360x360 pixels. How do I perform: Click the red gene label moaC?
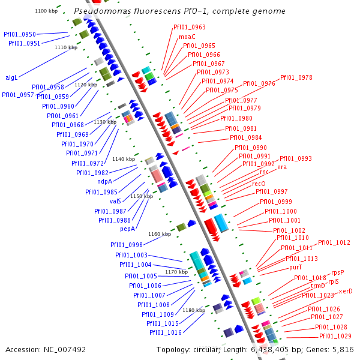click(x=187, y=37)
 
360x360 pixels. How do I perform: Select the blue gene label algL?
click(x=12, y=77)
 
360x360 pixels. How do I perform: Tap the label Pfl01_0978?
click(x=296, y=77)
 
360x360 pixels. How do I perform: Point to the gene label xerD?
click(x=346, y=291)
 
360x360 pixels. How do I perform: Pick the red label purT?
click(x=295, y=267)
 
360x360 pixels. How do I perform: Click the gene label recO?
click(x=259, y=184)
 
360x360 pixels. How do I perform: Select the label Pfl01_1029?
click(x=335, y=336)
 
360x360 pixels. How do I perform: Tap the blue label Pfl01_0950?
click(x=19, y=35)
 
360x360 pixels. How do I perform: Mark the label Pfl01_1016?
click(x=166, y=332)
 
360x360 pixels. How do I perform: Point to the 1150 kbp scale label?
click(x=142, y=196)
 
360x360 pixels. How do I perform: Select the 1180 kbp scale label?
click(x=193, y=310)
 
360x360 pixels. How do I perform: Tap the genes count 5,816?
click(x=343, y=349)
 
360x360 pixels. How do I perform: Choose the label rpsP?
click(x=338, y=272)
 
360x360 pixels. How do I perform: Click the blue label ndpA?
click(x=105, y=182)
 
